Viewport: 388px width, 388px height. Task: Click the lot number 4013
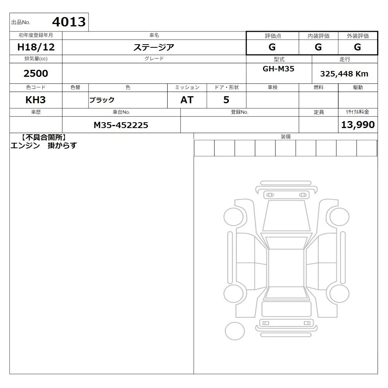(69, 22)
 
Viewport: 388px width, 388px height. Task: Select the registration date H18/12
(36, 47)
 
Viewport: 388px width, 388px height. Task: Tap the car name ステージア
(154, 47)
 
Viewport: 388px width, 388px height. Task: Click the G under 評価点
(272, 47)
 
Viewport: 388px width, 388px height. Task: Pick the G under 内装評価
(318, 47)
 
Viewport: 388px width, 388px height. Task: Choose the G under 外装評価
(357, 47)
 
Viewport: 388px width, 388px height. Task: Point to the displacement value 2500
(36, 73)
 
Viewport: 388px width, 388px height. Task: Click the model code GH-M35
(278, 69)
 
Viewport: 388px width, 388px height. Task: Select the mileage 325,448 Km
(344, 74)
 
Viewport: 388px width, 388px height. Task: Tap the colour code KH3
(35, 100)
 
